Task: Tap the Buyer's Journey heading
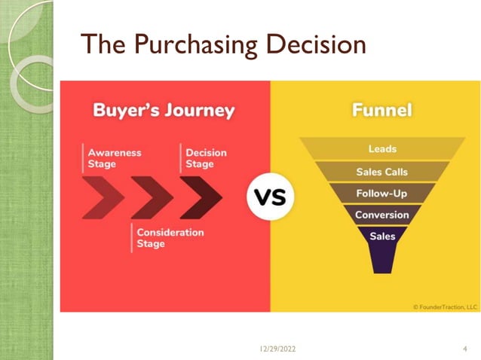tap(164, 111)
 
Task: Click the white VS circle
tap(269, 199)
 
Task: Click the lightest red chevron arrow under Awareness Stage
tap(103, 198)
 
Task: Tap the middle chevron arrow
tap(152, 198)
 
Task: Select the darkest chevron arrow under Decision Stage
tap(201, 198)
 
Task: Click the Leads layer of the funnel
tap(382, 149)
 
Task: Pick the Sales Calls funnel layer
tap(382, 171)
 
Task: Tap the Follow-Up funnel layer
tap(382, 193)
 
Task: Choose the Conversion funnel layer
tap(382, 215)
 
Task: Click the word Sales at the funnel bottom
tap(382, 236)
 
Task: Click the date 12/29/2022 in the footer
tap(278, 349)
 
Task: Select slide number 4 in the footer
tap(464, 349)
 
